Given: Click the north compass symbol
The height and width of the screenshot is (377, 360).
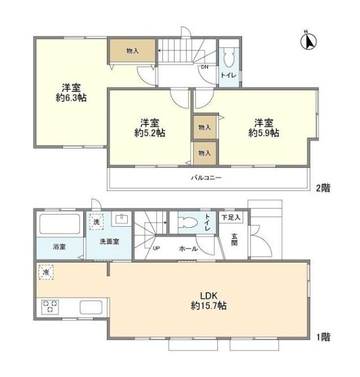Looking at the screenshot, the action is (309, 41).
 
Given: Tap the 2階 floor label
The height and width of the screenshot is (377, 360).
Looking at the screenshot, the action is (323, 188).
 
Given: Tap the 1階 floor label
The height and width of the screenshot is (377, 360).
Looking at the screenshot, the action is (323, 337).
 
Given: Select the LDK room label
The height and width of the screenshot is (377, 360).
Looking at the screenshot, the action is (209, 295).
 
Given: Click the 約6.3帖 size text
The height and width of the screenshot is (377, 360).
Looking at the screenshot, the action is (71, 98).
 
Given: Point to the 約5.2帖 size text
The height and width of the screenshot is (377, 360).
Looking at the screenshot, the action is (150, 133).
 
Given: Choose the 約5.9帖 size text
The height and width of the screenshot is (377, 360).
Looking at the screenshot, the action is (263, 133).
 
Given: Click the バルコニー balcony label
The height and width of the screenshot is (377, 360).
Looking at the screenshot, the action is (206, 178).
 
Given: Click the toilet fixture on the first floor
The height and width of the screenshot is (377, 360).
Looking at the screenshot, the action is (188, 223).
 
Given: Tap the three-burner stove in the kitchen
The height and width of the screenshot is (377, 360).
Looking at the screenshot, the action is (50, 307).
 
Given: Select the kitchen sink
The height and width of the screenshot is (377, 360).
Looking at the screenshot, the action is (91, 307).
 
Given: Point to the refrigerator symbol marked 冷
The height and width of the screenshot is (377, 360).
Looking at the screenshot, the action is (46, 272).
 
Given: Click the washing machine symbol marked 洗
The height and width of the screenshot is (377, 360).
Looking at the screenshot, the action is (96, 221).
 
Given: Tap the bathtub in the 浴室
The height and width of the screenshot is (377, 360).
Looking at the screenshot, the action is (60, 224).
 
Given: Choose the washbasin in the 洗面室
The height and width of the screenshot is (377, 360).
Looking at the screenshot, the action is (121, 219).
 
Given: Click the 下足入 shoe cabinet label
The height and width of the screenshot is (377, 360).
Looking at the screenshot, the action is (231, 217).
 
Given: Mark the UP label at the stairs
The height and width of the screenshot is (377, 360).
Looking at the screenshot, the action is (156, 248).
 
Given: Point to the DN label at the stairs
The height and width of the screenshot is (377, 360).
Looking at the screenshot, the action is (205, 67).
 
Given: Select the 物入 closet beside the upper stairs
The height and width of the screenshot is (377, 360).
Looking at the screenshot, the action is (132, 51).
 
